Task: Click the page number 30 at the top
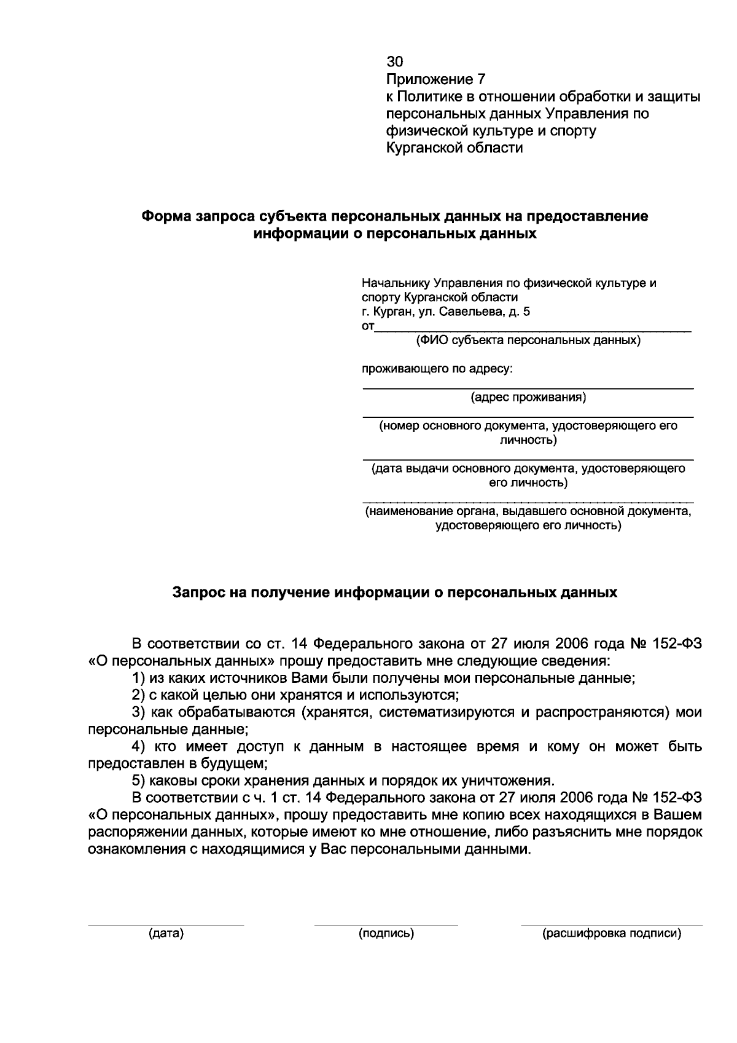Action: tap(394, 61)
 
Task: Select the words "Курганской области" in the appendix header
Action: tap(454, 148)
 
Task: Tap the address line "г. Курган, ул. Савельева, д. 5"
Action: tap(445, 312)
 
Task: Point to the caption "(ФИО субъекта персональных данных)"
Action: tap(528, 340)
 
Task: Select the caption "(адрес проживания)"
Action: tap(528, 398)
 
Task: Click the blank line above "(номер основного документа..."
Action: tap(528, 417)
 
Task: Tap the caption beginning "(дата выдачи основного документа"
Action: tap(528, 469)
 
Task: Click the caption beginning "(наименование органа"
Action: tap(528, 511)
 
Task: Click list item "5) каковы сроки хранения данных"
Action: tap(343, 781)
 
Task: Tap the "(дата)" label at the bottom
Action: tap(166, 934)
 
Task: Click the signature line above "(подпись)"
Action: tap(386, 924)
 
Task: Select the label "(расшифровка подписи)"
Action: tap(612, 934)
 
